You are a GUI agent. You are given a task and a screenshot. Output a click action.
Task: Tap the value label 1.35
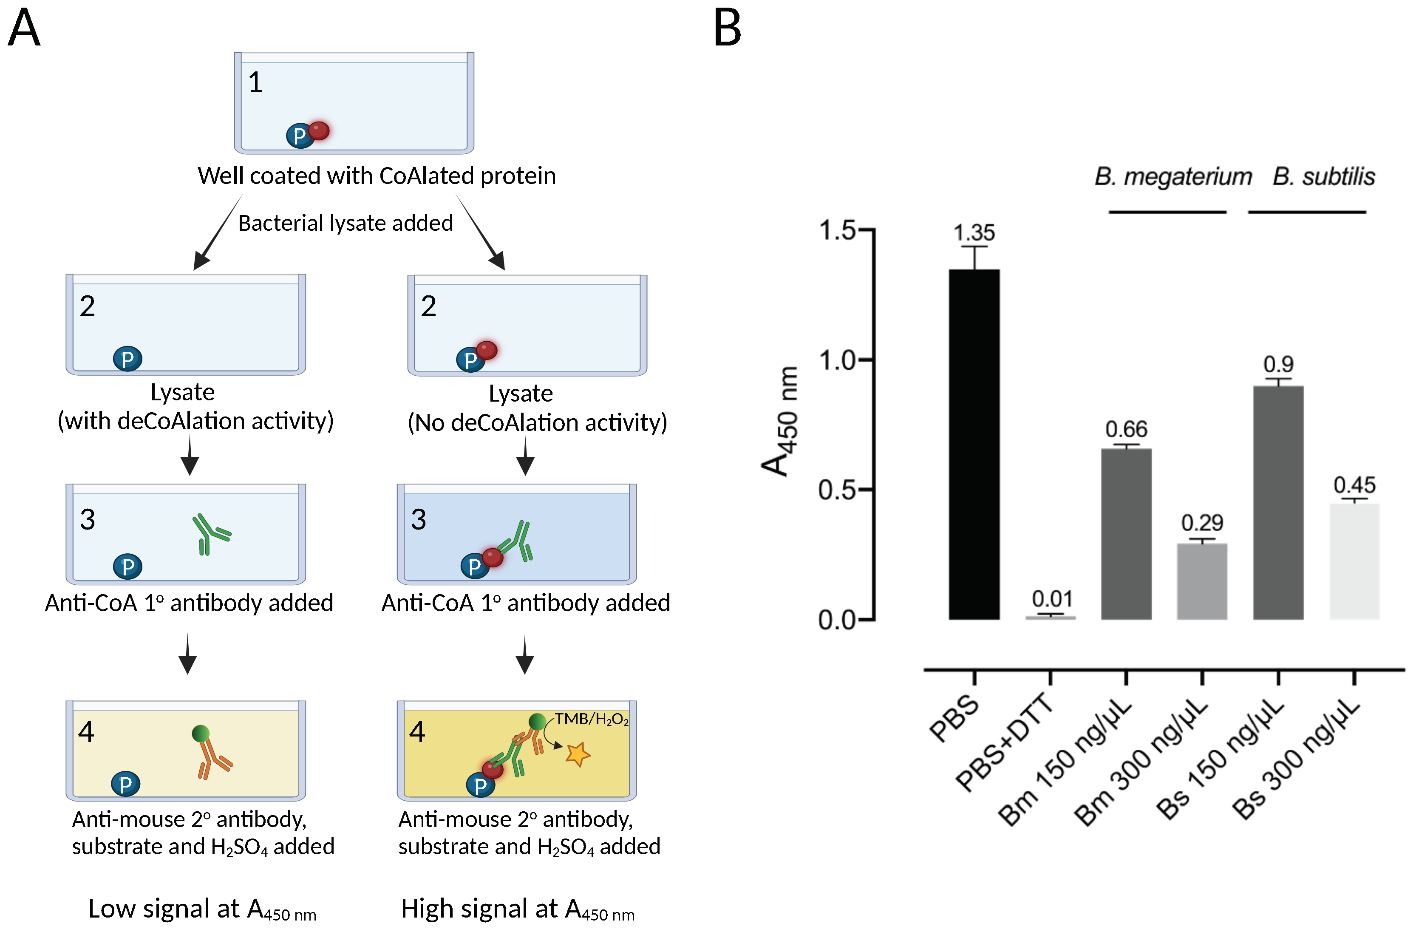(974, 232)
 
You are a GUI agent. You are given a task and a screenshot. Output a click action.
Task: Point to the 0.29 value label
(1202, 522)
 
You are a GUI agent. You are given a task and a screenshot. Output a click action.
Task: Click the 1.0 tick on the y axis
(837, 360)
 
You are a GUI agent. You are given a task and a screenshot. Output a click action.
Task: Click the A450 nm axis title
(780, 422)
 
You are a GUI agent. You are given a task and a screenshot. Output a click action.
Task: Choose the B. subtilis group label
(1324, 176)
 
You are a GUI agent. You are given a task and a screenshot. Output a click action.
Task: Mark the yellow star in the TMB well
(577, 754)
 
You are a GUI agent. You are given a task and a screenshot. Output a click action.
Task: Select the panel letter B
(728, 28)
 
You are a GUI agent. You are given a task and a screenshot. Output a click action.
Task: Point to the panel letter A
(24, 28)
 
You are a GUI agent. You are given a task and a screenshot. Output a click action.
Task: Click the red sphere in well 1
(319, 130)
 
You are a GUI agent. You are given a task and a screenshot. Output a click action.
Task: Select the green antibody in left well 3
(210, 533)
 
